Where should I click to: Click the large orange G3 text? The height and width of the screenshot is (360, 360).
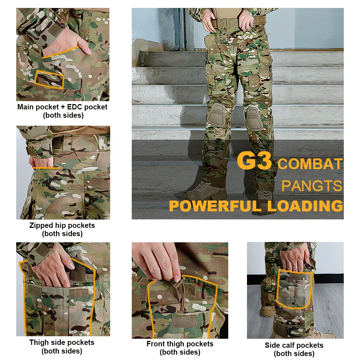(254, 160)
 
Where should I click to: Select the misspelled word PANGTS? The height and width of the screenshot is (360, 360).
(311, 185)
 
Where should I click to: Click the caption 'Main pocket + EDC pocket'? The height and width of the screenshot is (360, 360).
(62, 107)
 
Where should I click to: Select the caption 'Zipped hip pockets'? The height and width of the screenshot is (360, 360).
(62, 225)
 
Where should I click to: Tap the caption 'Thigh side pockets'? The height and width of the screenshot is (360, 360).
(62, 342)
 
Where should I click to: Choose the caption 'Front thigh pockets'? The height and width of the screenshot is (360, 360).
(180, 344)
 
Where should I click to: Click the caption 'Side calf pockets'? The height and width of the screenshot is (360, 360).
(294, 345)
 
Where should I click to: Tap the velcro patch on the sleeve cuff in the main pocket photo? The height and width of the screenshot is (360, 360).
(55, 29)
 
